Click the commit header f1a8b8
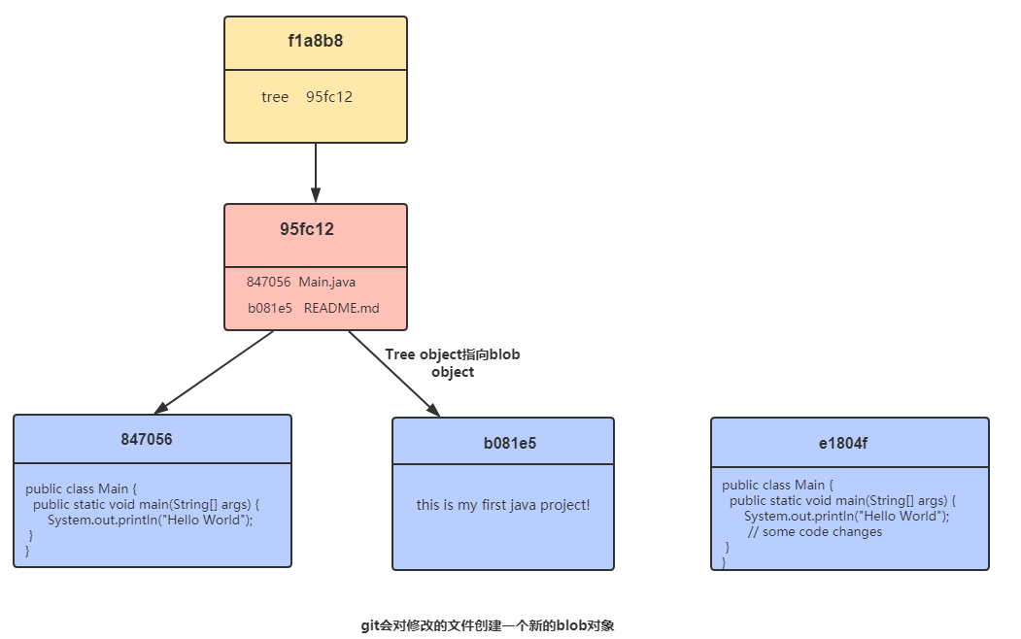[315, 42]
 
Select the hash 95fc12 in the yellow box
[329, 97]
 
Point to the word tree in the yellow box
[275, 97]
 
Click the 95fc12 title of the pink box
[307, 230]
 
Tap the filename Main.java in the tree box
[327, 282]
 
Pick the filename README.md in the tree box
[341, 308]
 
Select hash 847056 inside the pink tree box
[268, 282]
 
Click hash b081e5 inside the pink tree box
[270, 308]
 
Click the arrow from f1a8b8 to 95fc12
[316, 173]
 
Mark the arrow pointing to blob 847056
[214, 372]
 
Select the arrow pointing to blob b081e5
[393, 374]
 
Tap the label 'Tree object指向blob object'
[452, 363]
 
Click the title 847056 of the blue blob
[147, 439]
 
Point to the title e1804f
[842, 443]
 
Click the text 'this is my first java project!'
[503, 505]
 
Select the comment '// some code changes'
[815, 531]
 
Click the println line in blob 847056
[151, 520]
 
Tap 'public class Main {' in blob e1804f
[777, 485]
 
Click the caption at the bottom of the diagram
[488, 625]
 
